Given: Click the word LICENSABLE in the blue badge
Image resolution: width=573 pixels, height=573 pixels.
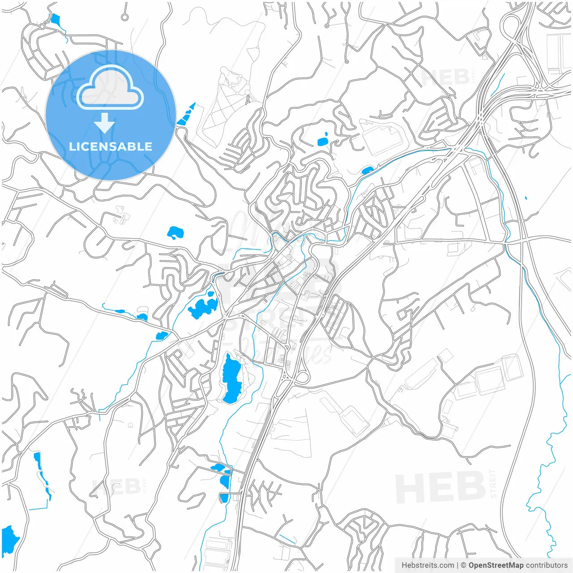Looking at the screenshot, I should (111, 146).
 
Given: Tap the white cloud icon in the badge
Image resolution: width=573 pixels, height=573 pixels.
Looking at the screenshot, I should (110, 89).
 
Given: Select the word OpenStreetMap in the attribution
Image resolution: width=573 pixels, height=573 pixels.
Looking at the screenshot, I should (496, 565).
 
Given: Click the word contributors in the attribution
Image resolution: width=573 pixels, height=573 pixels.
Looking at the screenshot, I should (547, 565).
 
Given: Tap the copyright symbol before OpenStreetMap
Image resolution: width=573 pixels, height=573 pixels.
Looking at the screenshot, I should (464, 565).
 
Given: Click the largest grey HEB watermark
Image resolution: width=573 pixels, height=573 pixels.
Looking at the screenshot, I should (441, 488).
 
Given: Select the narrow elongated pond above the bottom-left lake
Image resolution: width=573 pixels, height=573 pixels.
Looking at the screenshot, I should (41, 475).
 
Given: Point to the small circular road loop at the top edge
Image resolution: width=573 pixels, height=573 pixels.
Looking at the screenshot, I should (124, 17).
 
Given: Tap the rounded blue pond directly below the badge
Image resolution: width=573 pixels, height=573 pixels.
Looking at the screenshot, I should (175, 232).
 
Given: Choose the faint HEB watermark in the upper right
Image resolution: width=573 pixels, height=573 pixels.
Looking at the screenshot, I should (445, 77).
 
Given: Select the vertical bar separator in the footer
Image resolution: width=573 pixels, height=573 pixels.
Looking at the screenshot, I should (457, 565).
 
